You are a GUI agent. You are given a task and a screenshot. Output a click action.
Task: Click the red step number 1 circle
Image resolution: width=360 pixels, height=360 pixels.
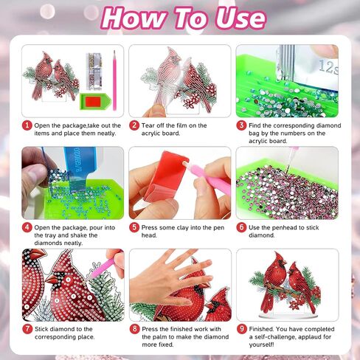coord(27,125)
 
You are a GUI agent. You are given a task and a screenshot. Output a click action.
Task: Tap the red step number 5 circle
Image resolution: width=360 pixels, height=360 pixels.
coord(134,227)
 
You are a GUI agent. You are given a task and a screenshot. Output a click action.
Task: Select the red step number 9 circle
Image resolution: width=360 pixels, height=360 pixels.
coord(242,329)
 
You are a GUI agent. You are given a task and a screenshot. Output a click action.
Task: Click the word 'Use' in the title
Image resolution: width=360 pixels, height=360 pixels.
coord(240,18)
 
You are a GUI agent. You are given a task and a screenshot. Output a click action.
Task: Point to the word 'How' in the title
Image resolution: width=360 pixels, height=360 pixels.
coord(133,18)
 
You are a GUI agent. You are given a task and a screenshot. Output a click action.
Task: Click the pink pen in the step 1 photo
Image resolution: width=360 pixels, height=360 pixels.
coord(114,80)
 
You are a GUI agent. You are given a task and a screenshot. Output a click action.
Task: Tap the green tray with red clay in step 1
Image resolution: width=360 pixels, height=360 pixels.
coord(95,101)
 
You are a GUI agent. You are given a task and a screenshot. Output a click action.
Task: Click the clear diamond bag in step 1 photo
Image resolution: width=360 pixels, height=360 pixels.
coord(94,71)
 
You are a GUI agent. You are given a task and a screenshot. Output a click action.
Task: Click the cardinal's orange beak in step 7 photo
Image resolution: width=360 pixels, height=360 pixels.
coord(52,280)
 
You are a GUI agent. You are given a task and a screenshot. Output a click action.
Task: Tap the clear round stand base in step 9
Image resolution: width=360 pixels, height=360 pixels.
coord(288,316)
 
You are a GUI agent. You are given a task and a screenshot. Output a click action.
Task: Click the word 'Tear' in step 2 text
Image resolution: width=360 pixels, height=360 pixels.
coord(148,125)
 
